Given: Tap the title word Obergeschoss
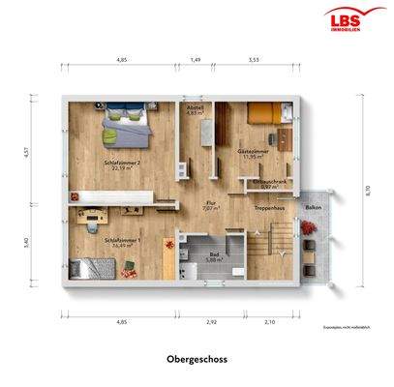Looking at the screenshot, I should pos(197,360).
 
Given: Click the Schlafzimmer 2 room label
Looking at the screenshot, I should pos(123,164).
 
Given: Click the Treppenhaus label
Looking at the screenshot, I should pos(267,208).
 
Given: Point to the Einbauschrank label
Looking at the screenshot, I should pos(265,182).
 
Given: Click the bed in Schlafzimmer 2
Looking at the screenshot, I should pos(126,120).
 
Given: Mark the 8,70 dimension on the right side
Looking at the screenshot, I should pos(367,191).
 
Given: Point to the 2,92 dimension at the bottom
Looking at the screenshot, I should pos(210,320).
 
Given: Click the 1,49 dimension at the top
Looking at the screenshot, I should pos(195,61).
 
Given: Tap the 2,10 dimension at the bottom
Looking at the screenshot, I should pos(270,320).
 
